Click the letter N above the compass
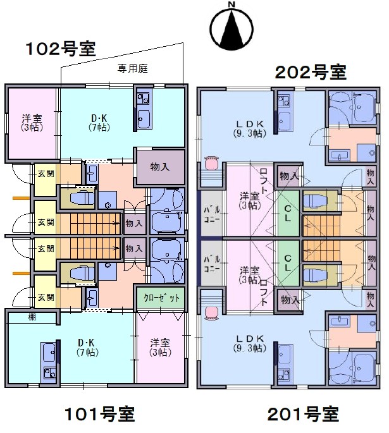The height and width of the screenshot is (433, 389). pos(232,6)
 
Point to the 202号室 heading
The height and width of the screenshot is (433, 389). pos(311,72)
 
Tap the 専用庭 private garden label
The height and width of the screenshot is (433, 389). pos(132,68)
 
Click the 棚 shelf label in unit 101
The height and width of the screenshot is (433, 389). pos(32,317)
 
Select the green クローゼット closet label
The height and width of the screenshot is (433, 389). pos(162,297)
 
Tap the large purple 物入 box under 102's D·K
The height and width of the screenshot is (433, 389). pos(160,167)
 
